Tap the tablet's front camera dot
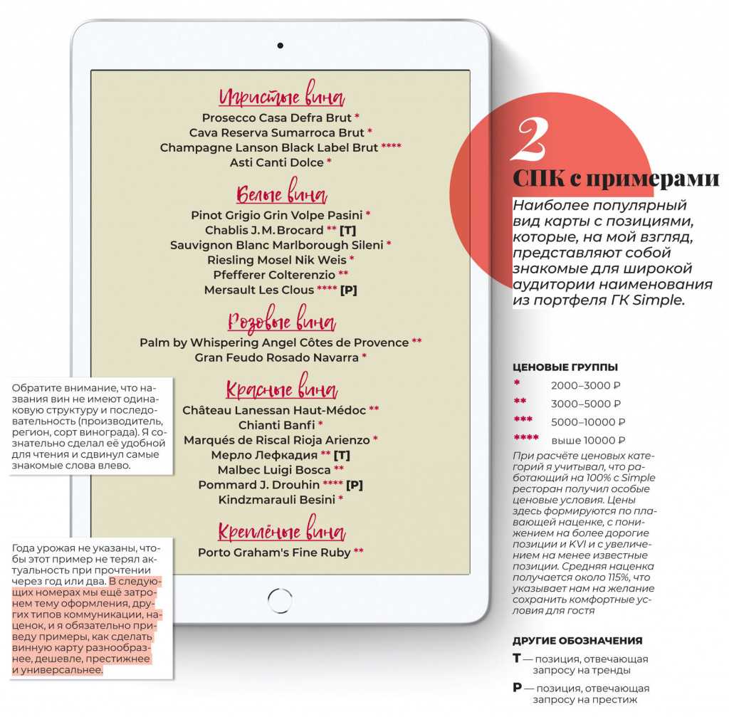[280, 48]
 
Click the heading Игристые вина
[281, 98]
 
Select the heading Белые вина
[281, 194]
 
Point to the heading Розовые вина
[281, 321]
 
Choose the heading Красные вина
[281, 390]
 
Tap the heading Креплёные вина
[281, 532]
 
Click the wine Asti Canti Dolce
[277, 163]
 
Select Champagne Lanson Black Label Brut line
[269, 148]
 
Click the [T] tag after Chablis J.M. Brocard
[348, 230]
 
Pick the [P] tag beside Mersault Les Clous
[349, 290]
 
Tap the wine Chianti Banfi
[277, 425]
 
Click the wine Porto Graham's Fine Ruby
[274, 553]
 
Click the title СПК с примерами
[616, 178]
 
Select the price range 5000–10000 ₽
[588, 422]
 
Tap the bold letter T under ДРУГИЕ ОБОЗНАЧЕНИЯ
[517, 659]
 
